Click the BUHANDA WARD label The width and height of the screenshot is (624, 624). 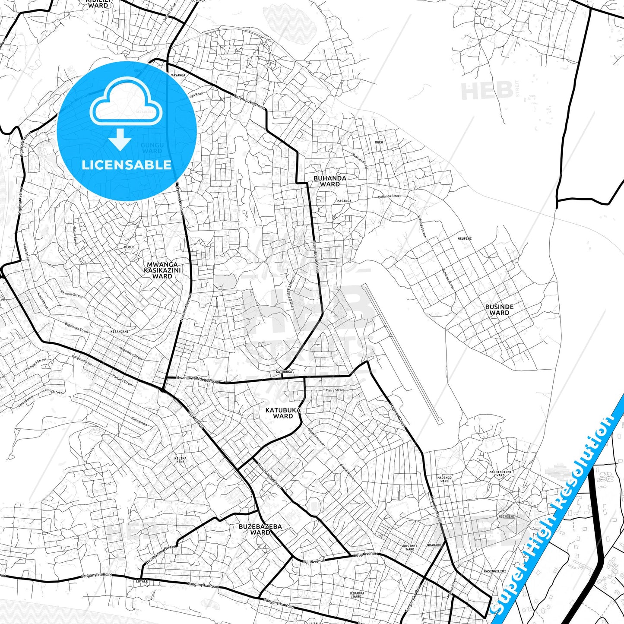click(329, 181)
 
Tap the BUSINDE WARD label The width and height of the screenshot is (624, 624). click(499, 310)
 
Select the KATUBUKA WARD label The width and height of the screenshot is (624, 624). click(283, 413)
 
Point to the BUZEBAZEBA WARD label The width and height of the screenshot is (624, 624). click(260, 529)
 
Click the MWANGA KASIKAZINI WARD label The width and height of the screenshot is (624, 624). click(162, 270)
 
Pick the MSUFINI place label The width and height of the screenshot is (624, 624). click(465, 238)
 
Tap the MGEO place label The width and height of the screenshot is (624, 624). click(379, 142)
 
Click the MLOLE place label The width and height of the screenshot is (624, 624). click(129, 247)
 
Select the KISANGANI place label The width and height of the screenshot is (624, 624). click(120, 332)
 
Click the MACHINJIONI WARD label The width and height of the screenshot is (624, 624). click(500, 473)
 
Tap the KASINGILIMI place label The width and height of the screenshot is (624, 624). click(494, 571)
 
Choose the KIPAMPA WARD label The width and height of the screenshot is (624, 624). click(357, 595)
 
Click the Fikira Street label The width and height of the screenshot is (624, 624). click(335, 390)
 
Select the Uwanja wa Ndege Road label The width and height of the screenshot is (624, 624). click(197, 380)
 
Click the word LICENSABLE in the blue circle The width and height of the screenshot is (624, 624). click(127, 165)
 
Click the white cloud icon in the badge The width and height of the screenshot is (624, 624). click(126, 102)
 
